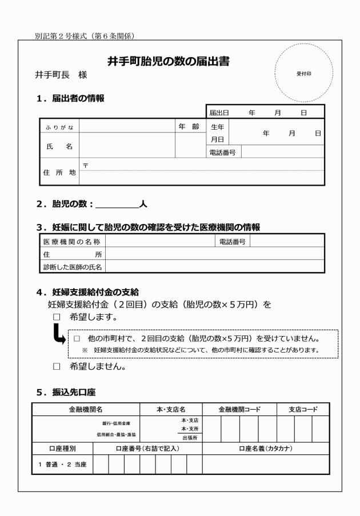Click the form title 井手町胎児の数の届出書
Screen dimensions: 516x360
click(173, 61)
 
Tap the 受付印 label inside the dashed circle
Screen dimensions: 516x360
click(303, 74)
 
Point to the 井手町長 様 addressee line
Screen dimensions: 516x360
click(61, 75)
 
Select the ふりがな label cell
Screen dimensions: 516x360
click(59, 127)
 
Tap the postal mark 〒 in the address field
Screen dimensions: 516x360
click(85, 165)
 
